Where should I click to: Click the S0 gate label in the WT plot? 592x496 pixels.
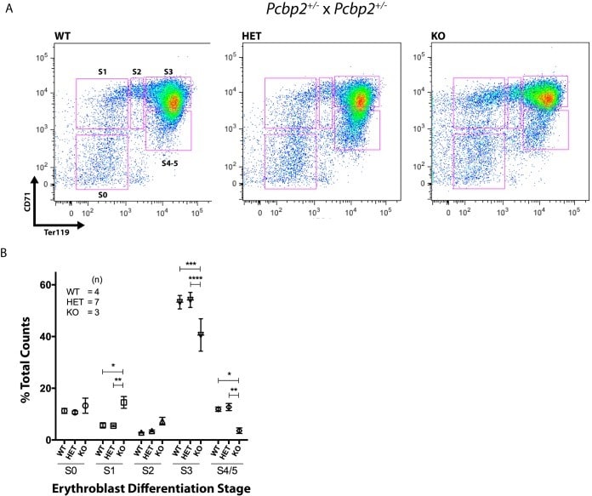(x=102, y=194)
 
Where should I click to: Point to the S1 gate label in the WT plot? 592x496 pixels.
(x=102, y=71)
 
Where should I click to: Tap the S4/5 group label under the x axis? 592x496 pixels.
(x=229, y=469)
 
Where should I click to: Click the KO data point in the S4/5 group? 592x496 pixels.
(x=239, y=430)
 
